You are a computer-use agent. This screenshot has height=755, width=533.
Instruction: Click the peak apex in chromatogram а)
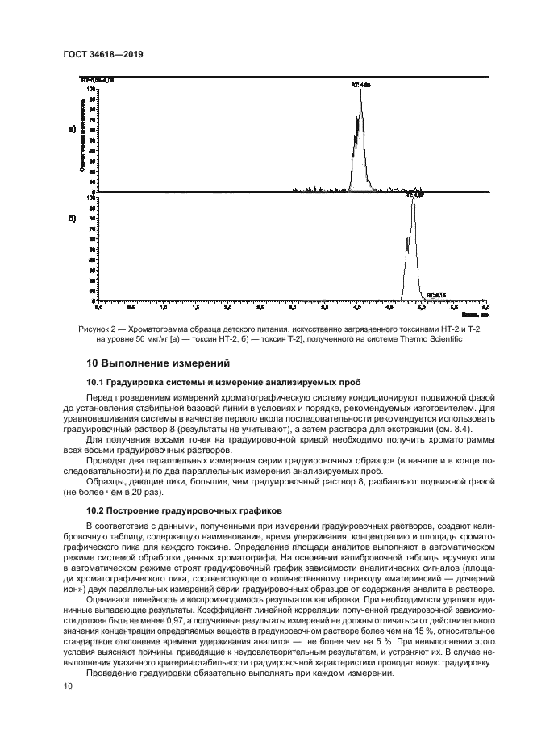pyautogui.click(x=360, y=90)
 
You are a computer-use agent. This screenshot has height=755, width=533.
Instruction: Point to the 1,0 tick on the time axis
pyautogui.click(x=164, y=308)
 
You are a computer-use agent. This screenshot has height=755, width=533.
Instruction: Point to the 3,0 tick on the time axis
pyautogui.click(x=293, y=308)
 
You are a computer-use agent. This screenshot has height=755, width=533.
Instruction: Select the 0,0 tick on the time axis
pyautogui.click(x=99, y=308)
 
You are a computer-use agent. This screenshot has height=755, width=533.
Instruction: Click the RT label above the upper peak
pyautogui.click(x=360, y=84)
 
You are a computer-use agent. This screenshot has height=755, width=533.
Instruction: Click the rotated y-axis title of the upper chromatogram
pyautogui.click(x=82, y=135)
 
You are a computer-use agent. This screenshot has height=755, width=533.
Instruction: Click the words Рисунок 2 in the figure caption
pyautogui.click(x=99, y=329)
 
